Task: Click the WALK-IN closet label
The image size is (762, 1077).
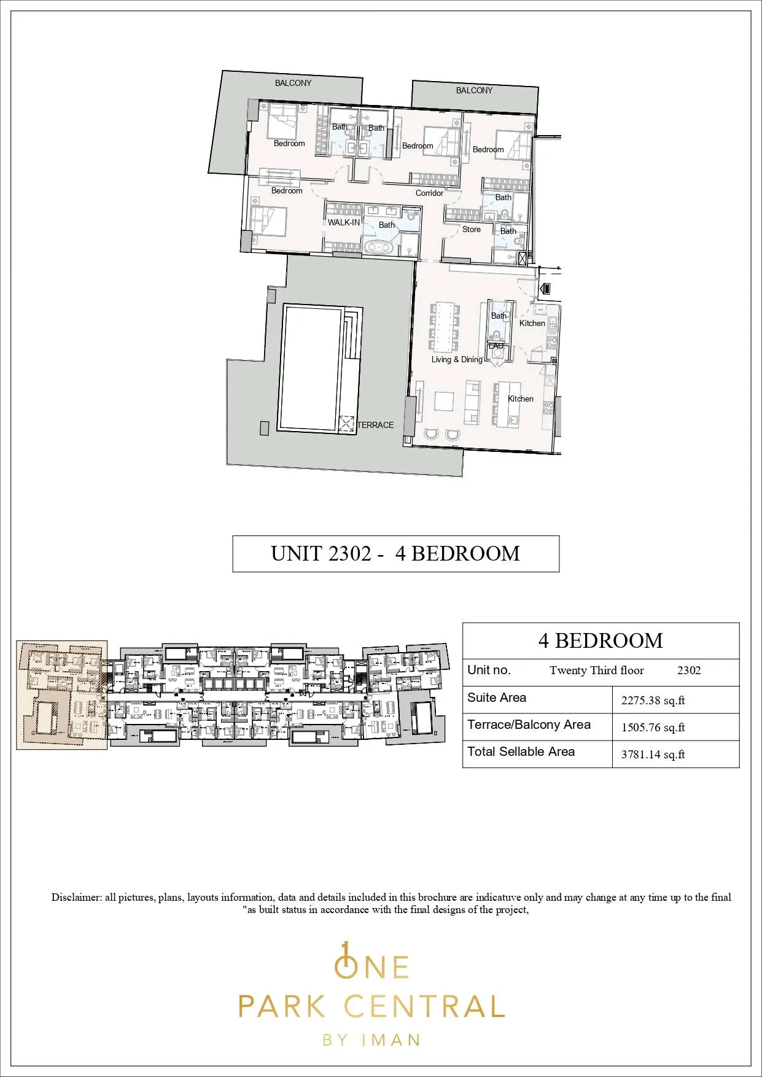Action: pos(344,222)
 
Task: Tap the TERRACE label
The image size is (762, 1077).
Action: pos(376,425)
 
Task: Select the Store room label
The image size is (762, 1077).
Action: pos(472,229)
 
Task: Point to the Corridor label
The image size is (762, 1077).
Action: pos(429,193)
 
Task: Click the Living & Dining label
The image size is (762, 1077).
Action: pos(457,359)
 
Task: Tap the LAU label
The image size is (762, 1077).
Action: pos(496,346)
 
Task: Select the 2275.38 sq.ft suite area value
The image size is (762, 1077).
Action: pos(653,701)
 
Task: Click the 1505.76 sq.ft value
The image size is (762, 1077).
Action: pos(653,728)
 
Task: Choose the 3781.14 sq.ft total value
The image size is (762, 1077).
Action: pos(653,755)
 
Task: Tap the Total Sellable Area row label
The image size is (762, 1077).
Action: pos(521,752)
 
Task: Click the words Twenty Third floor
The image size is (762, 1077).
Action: pos(597,671)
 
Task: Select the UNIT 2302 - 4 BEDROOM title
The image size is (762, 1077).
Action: pos(395,553)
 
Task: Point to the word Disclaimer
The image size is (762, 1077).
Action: pos(76,898)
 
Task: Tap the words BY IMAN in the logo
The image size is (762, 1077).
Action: pos(371,1040)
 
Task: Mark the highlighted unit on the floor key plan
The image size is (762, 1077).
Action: pos(61,696)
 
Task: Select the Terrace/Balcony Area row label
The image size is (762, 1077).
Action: pos(529,725)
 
